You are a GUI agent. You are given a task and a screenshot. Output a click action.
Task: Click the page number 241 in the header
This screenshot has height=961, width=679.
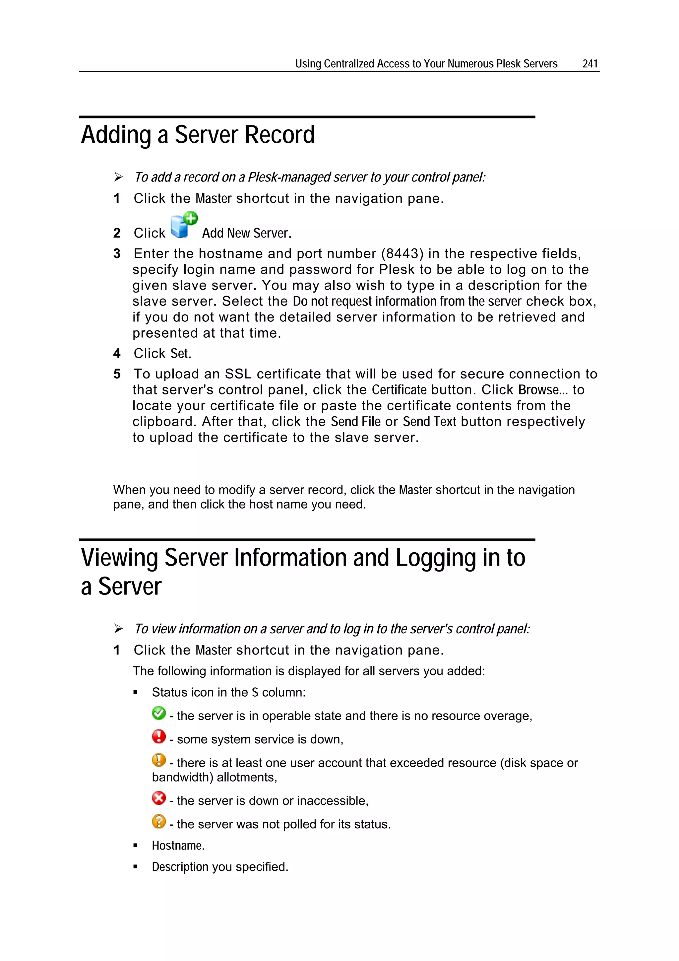coord(590,64)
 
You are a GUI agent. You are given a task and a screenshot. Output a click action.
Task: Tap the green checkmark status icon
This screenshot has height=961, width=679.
coord(158,713)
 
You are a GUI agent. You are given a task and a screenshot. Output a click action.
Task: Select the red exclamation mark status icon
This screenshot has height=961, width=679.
coord(158,736)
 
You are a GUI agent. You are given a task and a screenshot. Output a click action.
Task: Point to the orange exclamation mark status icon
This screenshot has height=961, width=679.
coord(158,760)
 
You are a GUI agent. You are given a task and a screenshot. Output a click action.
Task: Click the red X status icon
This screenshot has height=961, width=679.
coord(158,798)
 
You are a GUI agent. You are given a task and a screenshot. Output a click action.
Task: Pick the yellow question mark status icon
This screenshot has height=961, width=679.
coord(158,821)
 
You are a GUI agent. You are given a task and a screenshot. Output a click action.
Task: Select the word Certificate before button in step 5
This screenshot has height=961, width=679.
coord(399,390)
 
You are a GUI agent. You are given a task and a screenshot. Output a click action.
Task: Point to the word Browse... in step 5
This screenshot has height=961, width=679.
coord(543,390)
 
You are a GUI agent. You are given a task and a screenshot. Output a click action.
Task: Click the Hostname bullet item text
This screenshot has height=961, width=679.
coord(178,846)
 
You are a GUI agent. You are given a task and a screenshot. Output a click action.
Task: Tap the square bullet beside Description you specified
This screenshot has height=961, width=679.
coord(135,867)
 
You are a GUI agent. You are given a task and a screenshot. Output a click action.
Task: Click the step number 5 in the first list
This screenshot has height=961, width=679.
coord(117,374)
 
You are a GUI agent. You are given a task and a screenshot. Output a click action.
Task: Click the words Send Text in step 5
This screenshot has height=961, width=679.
coord(429,422)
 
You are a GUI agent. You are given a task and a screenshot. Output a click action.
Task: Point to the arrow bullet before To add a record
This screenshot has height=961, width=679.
coord(118,177)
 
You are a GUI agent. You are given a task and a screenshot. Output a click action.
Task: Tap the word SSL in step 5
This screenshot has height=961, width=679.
coord(238,374)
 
